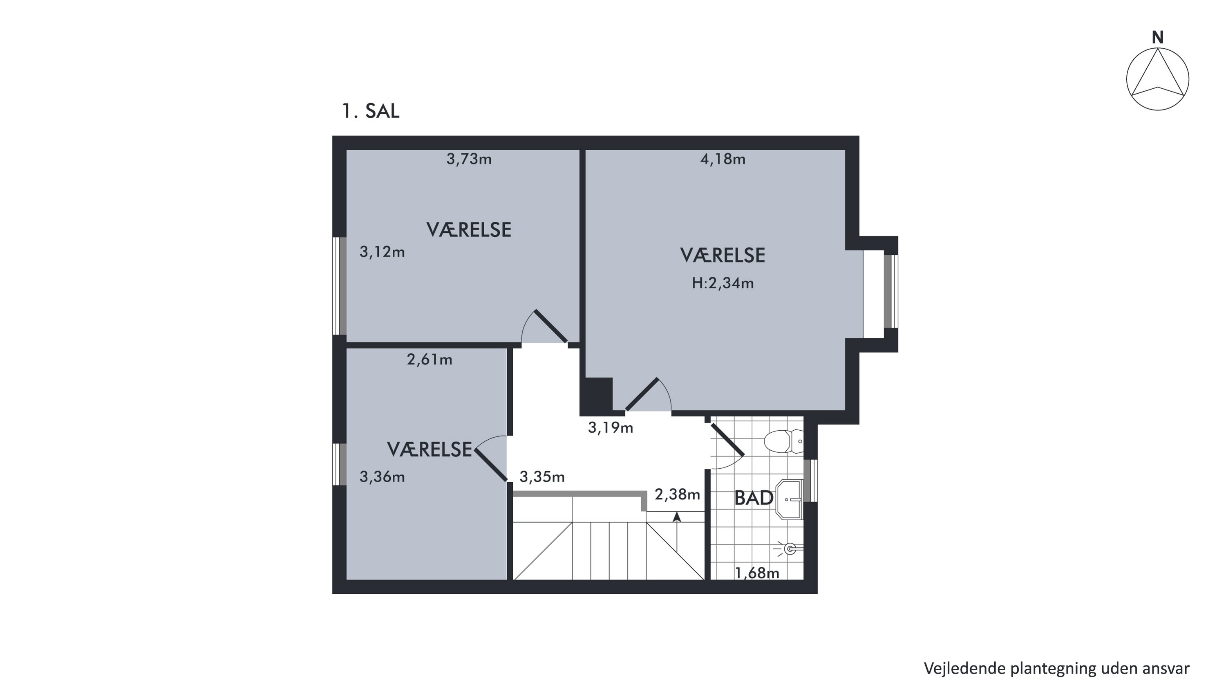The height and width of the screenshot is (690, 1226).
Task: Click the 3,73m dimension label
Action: click(469, 159)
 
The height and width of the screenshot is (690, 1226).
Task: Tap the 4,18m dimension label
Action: click(723, 159)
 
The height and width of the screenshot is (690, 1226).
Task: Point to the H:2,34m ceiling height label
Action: click(723, 283)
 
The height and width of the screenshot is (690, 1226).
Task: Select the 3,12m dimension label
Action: click(382, 252)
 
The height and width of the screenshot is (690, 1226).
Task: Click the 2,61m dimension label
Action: click(429, 360)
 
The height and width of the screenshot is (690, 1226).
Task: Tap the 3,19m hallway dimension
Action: click(611, 427)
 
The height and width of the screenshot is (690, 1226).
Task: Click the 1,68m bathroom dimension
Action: click(757, 573)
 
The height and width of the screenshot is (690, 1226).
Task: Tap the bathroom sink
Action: click(789, 499)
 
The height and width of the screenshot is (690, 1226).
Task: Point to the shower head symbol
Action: click(789, 549)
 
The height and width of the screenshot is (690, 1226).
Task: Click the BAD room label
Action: click(754, 498)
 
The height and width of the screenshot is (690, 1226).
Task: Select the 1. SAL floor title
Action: click(371, 111)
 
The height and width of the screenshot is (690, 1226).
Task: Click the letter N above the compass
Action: click(1157, 37)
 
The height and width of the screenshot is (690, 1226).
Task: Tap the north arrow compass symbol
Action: click(1157, 79)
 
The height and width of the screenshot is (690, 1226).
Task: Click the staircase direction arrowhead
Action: click(677, 517)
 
